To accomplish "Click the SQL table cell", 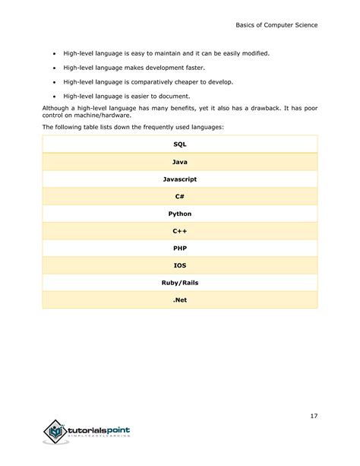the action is [180, 144].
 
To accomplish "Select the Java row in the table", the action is [180, 161].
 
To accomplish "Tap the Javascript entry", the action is [180, 179].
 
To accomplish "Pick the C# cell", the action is [180, 196].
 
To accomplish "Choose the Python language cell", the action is [180, 214].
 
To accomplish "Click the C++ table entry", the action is [180, 230].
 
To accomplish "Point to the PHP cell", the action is [180, 248].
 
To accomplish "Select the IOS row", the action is [180, 265].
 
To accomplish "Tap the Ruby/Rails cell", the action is [180, 283].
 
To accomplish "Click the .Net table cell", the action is [180, 300].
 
